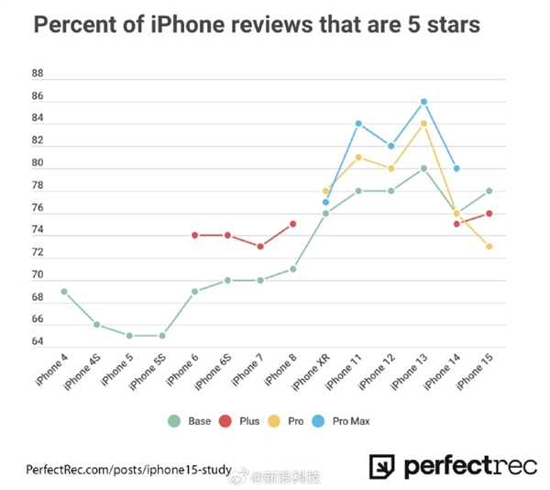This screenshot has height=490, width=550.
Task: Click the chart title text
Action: click(x=257, y=26)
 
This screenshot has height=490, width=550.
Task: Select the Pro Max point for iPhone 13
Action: click(x=423, y=101)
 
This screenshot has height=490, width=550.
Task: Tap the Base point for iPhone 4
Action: click(x=64, y=291)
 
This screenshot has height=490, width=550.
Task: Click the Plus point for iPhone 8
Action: click(x=292, y=223)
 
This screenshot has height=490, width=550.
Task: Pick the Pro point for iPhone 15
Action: click(x=489, y=246)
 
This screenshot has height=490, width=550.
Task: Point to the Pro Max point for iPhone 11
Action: click(x=358, y=123)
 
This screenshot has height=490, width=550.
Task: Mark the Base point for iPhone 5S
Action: click(x=162, y=335)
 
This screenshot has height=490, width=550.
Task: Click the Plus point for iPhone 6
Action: click(x=195, y=235)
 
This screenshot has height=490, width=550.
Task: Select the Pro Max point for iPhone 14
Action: click(x=456, y=168)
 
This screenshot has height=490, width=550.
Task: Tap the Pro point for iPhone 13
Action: click(x=423, y=123)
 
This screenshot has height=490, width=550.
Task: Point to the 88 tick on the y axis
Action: click(x=38, y=72)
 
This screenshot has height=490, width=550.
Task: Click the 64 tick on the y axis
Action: click(x=38, y=342)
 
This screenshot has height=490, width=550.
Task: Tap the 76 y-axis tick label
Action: click(x=38, y=207)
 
